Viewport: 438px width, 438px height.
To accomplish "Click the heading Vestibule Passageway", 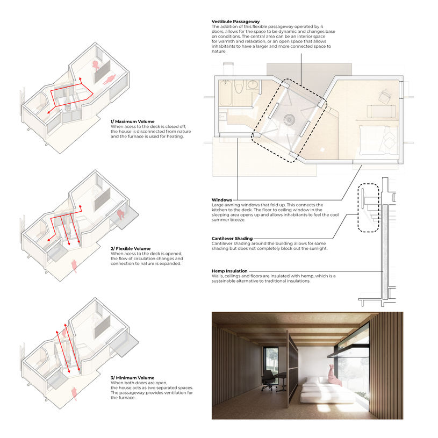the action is [235, 21].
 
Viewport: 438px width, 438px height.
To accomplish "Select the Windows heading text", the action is [222, 200].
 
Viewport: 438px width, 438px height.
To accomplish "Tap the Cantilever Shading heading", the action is [232, 239].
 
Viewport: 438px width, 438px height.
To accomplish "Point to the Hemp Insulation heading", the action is [229, 271].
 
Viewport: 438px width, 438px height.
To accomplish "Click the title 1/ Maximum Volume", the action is [132, 121].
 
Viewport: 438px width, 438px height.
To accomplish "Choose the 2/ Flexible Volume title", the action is [131, 249].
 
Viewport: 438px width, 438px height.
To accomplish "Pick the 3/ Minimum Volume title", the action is [132, 378].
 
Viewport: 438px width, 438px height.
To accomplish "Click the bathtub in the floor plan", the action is [225, 93].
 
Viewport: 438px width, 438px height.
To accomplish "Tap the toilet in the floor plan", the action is [239, 87].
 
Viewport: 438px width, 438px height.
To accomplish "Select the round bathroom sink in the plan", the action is [253, 84].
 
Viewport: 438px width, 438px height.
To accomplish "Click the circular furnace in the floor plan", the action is [289, 119].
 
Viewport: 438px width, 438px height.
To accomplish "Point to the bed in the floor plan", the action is [378, 140].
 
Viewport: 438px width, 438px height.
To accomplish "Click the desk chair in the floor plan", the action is [384, 96].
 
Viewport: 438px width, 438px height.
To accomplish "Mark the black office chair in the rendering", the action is [268, 380].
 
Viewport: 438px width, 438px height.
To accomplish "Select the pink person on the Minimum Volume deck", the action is [74, 393].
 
